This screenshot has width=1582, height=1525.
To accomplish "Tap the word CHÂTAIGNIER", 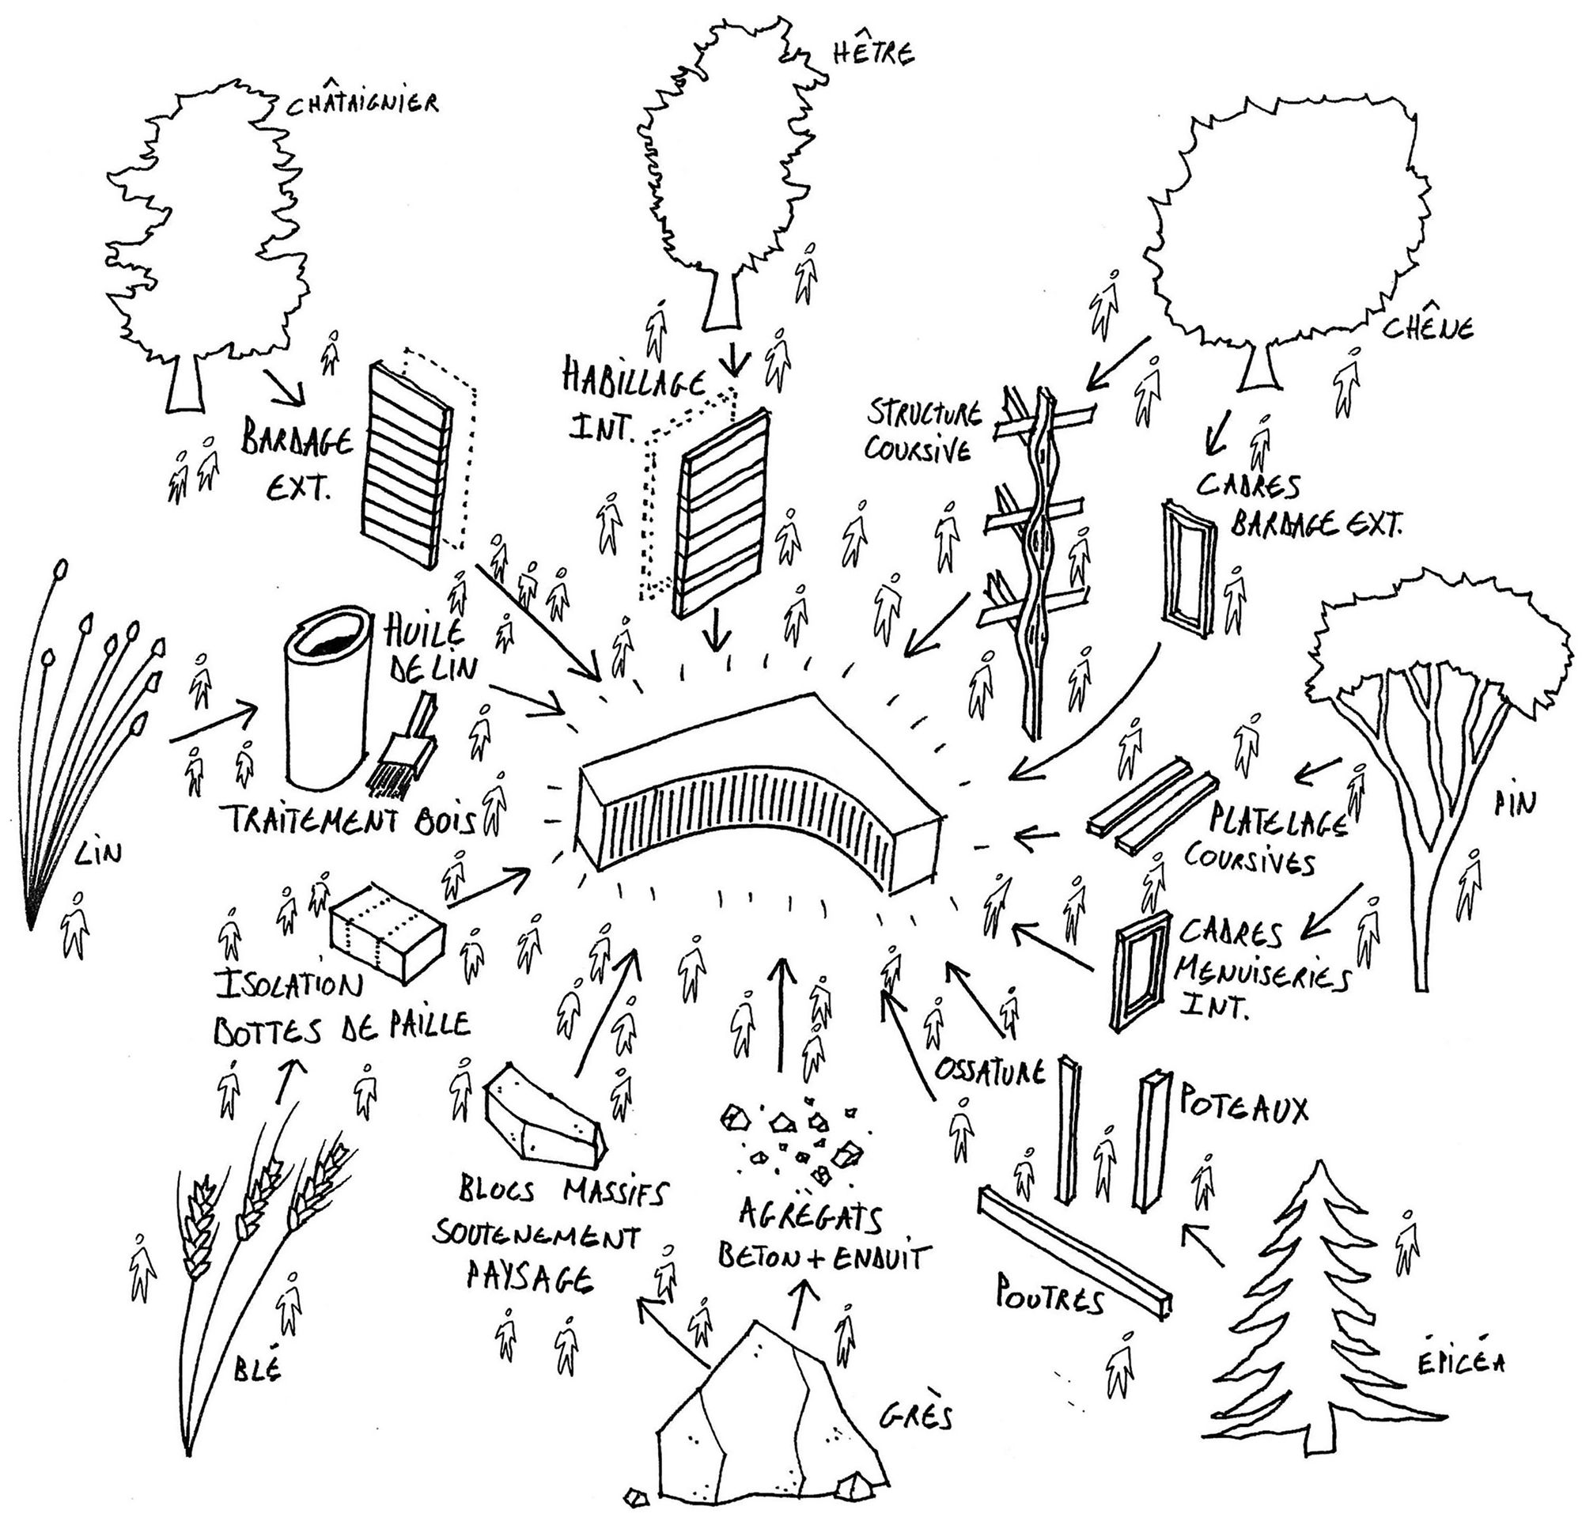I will pyautogui.click(x=362, y=104).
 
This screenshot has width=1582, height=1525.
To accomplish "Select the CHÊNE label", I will pyautogui.click(x=1429, y=328).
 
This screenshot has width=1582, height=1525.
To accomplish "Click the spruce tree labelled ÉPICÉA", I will pyautogui.click(x=1323, y=1324).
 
